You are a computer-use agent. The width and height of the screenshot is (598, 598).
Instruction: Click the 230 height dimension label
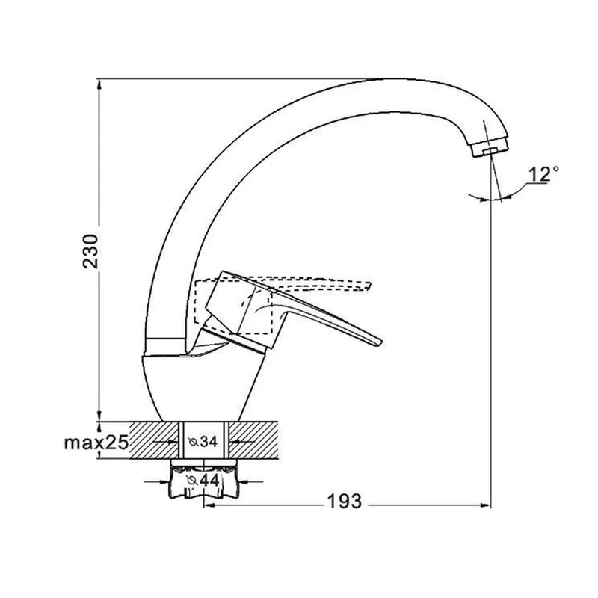coord(90,251)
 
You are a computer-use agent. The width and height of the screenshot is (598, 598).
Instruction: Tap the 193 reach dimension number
coord(344,501)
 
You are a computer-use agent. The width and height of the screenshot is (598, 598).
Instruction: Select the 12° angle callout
coord(543,175)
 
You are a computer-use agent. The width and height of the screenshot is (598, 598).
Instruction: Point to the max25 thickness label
coord(96,443)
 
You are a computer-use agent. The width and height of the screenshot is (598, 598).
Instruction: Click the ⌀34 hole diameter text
coord(203,442)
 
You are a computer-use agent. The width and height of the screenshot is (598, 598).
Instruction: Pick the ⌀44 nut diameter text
coord(203,481)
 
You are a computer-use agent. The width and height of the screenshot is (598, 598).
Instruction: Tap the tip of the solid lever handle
coord(380,343)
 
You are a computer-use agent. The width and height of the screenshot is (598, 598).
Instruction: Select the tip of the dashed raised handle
coord(369,286)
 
